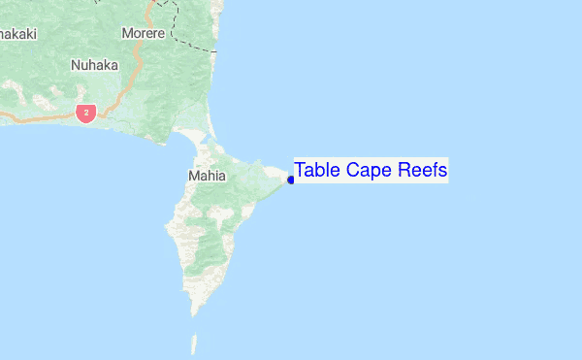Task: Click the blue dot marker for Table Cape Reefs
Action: (291, 180)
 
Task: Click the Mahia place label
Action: (206, 177)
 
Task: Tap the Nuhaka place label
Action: (94, 66)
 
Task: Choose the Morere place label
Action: (145, 33)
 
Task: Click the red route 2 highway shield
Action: (86, 114)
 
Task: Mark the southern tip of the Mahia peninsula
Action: (194, 313)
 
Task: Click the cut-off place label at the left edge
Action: (17, 34)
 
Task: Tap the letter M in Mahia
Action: (192, 177)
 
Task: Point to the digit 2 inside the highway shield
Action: (86, 114)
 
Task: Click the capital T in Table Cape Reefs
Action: (301, 171)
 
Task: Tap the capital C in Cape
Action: (355, 171)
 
